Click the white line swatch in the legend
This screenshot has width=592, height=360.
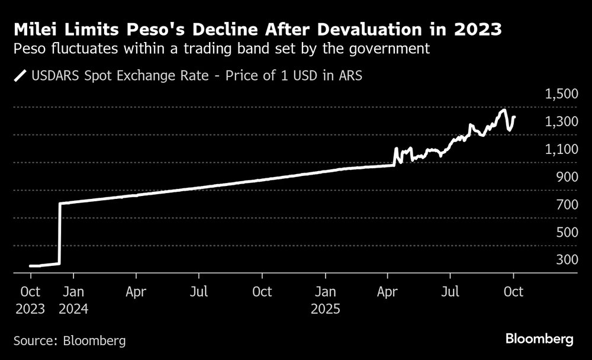point(21,76)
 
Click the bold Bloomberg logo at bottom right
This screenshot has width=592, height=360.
point(539,339)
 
